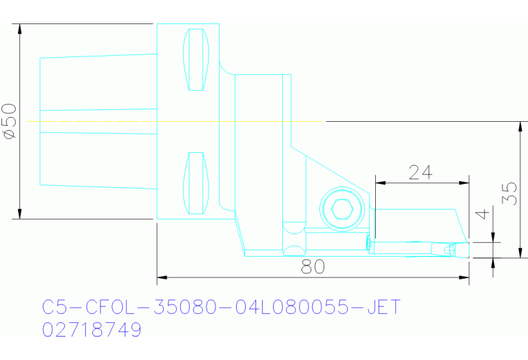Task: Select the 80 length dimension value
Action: coord(313,267)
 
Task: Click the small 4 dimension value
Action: coord(485,215)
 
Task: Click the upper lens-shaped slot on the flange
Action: coord(196,60)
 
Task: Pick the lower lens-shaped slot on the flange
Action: coord(196,182)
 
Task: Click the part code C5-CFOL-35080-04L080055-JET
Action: coord(221,306)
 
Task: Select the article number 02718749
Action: coord(92,330)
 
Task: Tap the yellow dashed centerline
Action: coord(172,121)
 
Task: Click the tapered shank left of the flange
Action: coord(96,122)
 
